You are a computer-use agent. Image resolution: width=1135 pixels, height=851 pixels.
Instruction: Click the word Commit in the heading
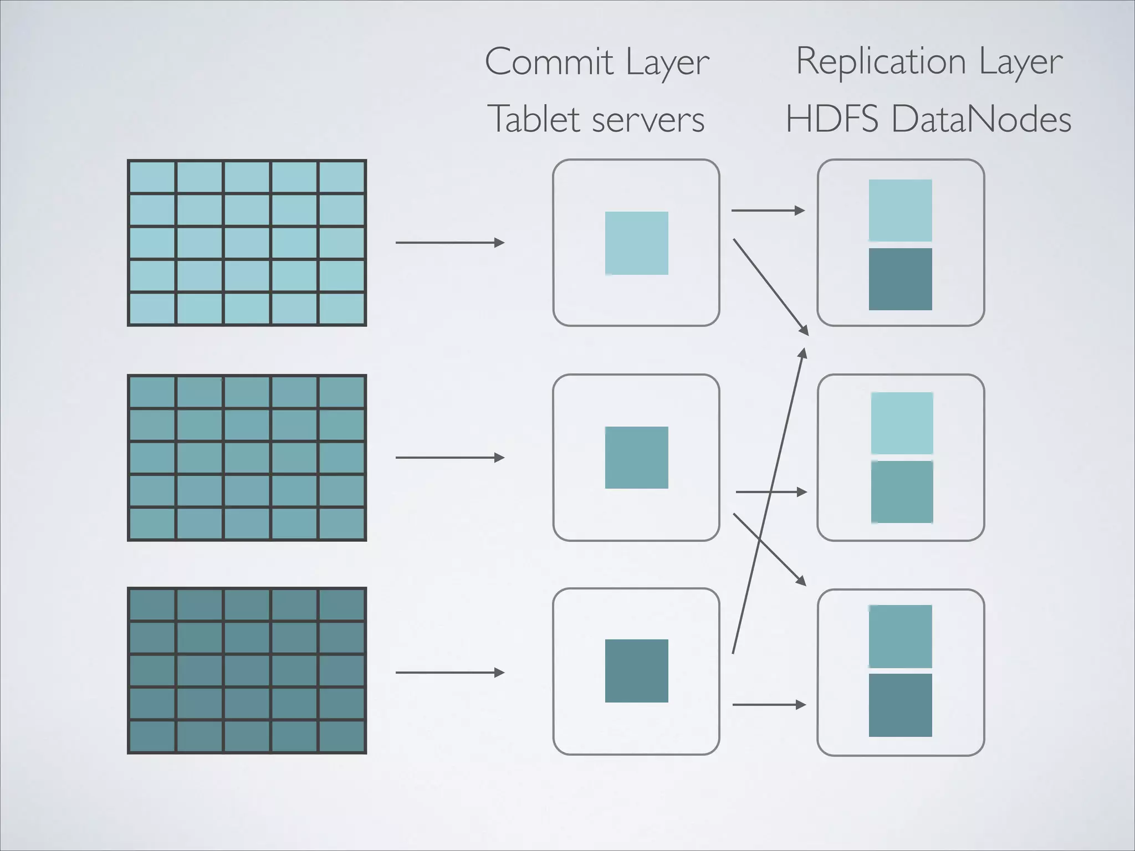click(549, 62)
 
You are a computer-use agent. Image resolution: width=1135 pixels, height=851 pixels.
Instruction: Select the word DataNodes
click(981, 119)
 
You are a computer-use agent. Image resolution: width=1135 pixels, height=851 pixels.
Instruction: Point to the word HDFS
click(831, 119)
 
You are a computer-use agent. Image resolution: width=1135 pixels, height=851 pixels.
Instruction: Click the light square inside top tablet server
click(636, 243)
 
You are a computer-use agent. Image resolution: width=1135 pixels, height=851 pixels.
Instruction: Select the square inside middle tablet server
click(636, 458)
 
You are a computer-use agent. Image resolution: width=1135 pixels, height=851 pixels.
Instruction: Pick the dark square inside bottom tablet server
click(636, 671)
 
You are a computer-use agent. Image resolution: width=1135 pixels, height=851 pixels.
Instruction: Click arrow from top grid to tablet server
click(449, 243)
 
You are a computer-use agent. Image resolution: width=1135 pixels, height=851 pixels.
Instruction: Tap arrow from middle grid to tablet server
click(449, 458)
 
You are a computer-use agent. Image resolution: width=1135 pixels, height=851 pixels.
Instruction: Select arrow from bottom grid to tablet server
click(449, 673)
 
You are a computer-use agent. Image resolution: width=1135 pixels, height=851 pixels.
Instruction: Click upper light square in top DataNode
click(900, 211)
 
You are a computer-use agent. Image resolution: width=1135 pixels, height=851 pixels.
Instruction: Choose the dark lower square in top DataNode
click(900, 279)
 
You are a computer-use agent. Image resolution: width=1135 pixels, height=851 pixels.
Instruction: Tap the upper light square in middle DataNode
click(902, 423)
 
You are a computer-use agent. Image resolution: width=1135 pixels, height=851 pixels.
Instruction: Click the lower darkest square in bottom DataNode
click(900, 705)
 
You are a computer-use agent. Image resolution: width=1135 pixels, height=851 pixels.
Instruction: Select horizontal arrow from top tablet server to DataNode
click(768, 211)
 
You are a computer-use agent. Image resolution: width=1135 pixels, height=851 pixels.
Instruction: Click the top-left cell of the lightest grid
click(152, 177)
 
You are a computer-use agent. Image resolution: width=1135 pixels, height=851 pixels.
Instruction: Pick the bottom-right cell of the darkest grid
click(341, 736)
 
